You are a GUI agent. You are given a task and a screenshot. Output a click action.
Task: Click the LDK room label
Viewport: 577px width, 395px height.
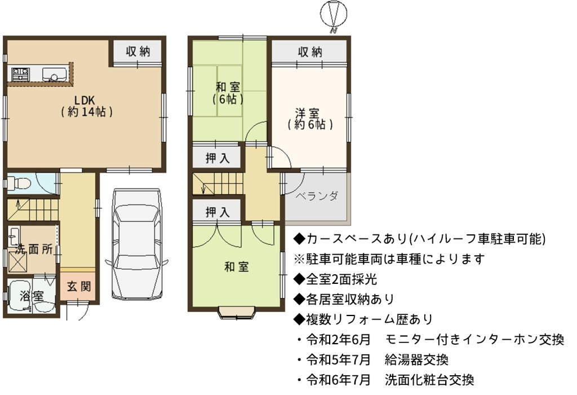[x=86, y=106]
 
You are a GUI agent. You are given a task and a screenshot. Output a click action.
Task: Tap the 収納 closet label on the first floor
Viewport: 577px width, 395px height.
[x=138, y=51]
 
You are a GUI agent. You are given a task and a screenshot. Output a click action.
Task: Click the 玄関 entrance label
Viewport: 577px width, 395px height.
[x=79, y=286]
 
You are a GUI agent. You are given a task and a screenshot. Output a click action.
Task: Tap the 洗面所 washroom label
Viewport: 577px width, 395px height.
[x=33, y=249]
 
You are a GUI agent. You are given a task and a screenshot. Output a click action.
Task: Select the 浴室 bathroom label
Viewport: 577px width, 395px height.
[x=32, y=296]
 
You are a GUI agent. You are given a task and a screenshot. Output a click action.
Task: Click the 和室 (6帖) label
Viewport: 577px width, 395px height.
[x=228, y=93]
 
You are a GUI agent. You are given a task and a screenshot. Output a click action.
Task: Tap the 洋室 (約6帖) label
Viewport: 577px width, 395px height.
[x=310, y=118]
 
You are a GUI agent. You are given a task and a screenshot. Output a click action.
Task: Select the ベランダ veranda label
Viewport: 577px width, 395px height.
[x=317, y=196]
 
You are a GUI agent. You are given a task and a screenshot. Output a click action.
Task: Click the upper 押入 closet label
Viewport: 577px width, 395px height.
[x=218, y=158]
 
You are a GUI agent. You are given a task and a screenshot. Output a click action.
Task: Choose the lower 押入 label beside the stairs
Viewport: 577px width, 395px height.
[x=218, y=212]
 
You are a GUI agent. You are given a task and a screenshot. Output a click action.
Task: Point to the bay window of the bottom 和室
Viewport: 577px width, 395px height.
[x=237, y=311]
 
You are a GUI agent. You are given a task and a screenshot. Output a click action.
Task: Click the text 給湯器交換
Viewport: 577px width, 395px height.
[x=416, y=359]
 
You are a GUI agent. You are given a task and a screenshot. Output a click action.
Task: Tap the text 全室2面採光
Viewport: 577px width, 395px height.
[x=341, y=279]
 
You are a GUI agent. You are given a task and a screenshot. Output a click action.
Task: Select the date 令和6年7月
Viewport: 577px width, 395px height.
[x=338, y=380]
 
